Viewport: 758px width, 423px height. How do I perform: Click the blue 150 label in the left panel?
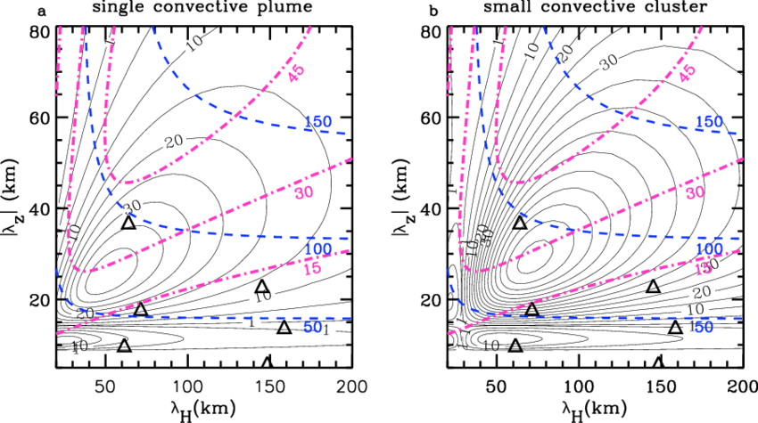318,121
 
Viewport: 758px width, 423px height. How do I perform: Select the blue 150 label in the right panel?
709,121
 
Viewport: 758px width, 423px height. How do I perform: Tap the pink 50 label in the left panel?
304,191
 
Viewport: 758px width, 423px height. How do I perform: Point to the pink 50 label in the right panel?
695,191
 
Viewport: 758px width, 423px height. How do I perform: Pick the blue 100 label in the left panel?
317,248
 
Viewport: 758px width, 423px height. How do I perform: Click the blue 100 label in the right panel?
708,247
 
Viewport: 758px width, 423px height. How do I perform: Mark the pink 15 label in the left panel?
312,268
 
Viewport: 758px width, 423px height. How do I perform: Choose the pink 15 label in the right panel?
703,267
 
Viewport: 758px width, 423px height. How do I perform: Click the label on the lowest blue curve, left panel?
312,328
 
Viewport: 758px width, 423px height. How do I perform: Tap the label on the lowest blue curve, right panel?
704,327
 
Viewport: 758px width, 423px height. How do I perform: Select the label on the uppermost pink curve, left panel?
295,73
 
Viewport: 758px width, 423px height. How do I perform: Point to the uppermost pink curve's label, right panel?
686,73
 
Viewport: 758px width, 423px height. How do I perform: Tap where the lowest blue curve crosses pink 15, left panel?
109,313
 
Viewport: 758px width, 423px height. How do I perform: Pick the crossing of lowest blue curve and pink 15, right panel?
500,313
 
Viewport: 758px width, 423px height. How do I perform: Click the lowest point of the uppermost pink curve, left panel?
130,183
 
